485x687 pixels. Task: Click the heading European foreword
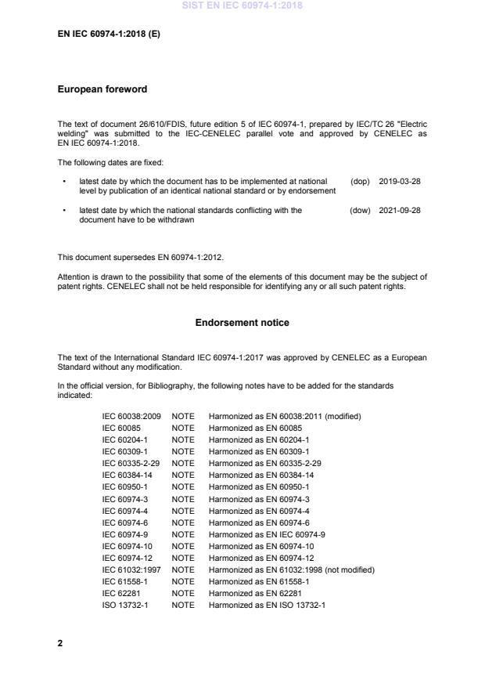click(102, 89)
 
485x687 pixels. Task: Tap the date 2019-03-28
click(399, 181)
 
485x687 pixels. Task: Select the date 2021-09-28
click(399, 211)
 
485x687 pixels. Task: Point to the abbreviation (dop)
click(360, 181)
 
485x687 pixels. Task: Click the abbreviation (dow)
click(360, 211)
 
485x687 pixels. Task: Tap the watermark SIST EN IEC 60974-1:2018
click(242, 6)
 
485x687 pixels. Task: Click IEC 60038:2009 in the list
click(131, 417)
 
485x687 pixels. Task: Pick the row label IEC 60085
click(120, 428)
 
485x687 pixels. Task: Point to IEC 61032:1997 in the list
click(131, 569)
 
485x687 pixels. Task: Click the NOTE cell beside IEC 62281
click(183, 593)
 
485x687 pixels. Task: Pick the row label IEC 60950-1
click(124, 487)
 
